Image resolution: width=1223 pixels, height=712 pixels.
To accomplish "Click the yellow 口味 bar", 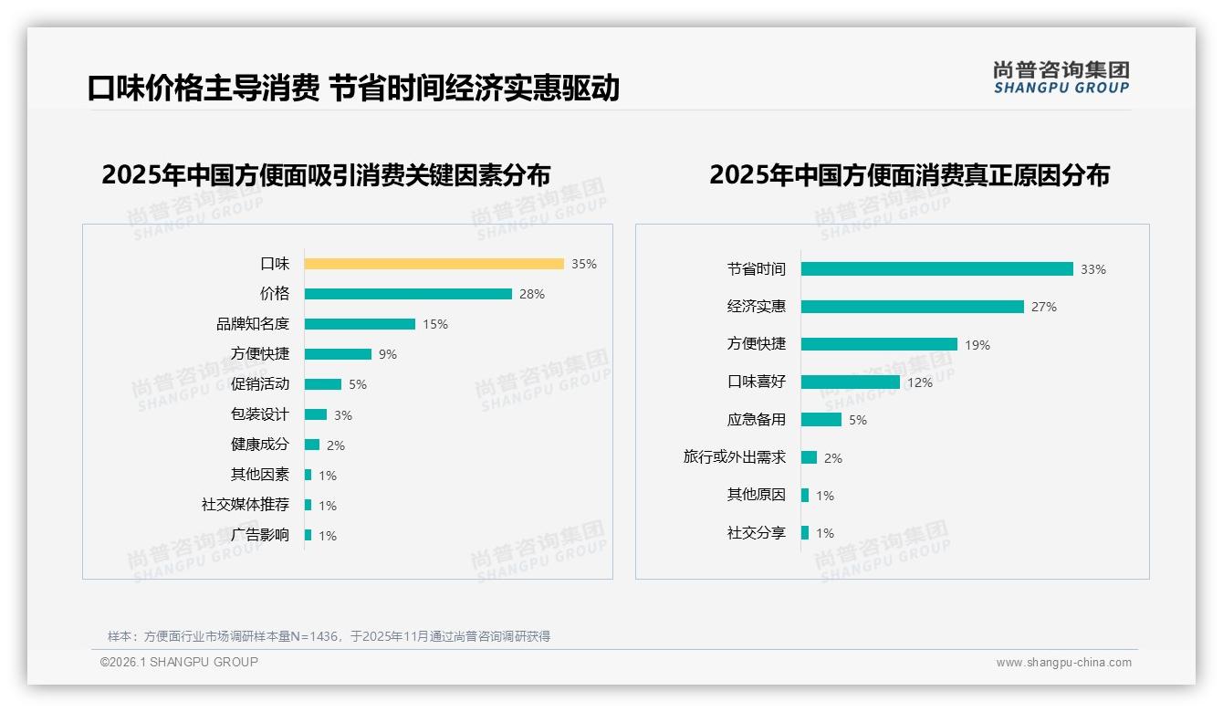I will [x=434, y=264].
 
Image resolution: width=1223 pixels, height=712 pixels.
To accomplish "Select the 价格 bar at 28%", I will [x=408, y=294].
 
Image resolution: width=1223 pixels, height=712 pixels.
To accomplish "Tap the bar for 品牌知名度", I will [x=360, y=324].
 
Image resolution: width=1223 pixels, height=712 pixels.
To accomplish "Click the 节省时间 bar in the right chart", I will [x=937, y=269].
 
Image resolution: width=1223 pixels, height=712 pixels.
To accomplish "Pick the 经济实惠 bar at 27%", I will [x=913, y=307].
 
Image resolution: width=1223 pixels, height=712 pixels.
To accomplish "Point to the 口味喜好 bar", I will [x=851, y=382].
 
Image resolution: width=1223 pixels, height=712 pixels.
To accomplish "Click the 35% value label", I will [x=584, y=264].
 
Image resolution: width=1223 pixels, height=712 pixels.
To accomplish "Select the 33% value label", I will [x=1093, y=269].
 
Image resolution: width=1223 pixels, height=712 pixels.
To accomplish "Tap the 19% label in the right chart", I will [x=977, y=345].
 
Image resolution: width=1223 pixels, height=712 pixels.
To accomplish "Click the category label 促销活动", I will [x=260, y=384].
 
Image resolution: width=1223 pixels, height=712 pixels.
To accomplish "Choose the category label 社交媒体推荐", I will [x=246, y=505].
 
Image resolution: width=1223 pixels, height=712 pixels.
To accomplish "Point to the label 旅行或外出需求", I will [x=735, y=457].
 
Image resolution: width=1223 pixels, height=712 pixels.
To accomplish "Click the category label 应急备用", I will [x=757, y=420].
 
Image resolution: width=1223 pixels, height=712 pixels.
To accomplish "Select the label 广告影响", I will [x=260, y=535].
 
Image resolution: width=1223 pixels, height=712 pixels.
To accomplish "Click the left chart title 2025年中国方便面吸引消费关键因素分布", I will [x=327, y=174].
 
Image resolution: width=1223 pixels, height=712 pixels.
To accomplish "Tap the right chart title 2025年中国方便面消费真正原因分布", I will [x=909, y=174].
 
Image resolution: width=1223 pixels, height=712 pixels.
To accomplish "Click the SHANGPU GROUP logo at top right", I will [x=1061, y=78].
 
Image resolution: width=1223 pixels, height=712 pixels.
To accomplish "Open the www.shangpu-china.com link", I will [x=1063, y=663].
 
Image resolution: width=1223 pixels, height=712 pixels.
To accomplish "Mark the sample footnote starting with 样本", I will [x=329, y=636].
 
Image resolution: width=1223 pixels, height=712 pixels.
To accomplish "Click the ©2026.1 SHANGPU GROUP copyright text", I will [x=179, y=662].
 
